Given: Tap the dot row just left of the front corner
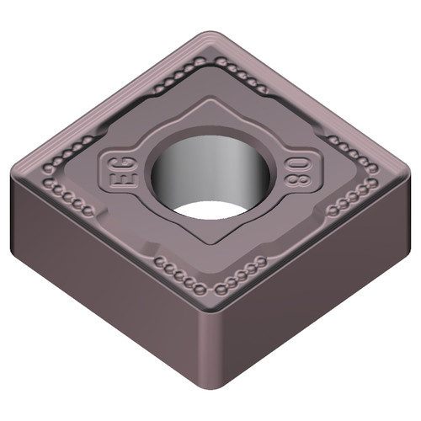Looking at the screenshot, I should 176,274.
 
